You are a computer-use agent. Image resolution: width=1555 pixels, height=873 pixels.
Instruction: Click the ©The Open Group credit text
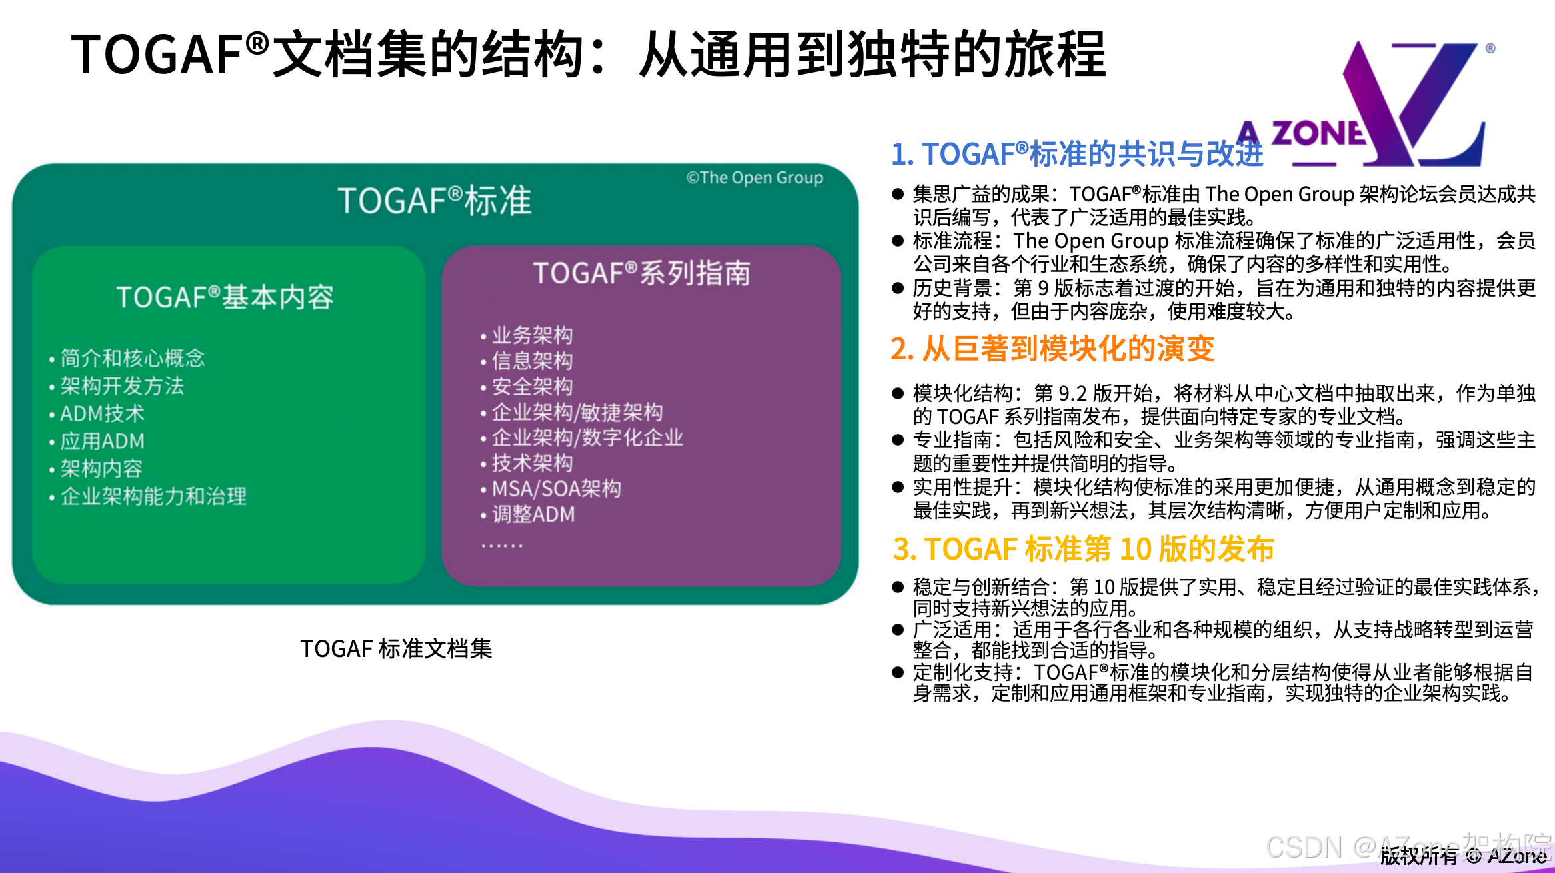point(755,177)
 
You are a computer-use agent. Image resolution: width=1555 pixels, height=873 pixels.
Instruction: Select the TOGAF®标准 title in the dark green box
point(435,201)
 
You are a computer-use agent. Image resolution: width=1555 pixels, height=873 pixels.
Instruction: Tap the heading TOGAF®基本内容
point(225,297)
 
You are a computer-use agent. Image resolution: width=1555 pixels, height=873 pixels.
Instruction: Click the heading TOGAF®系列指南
point(641,273)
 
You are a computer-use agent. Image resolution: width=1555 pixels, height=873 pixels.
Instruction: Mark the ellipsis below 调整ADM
point(503,545)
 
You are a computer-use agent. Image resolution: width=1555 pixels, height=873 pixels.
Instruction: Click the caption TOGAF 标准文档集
point(396,648)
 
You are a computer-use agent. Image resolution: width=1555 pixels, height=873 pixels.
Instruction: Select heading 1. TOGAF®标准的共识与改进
point(1077,154)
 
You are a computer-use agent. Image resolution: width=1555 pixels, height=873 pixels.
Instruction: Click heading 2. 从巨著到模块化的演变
point(1052,348)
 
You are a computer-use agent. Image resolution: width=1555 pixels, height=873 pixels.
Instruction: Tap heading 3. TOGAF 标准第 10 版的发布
point(1083,549)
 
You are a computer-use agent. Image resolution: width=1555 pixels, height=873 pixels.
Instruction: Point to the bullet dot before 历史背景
point(898,288)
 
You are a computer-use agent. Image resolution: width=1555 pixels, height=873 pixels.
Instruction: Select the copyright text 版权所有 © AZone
point(1463,856)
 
